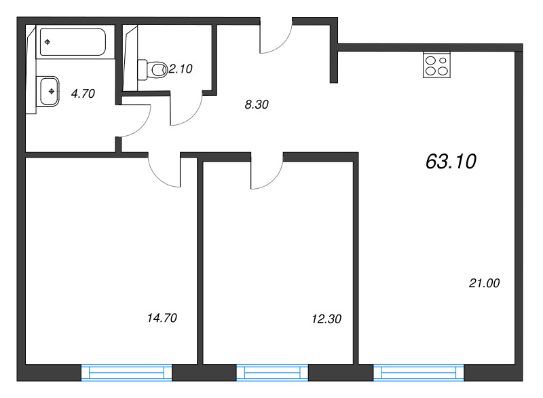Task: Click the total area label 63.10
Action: pos(451,162)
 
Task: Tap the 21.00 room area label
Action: pos(484,283)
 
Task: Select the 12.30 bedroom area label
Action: pos(326,319)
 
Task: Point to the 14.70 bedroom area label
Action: pos(162,318)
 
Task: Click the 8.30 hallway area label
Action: pos(257,105)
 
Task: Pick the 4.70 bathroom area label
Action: pos(83,94)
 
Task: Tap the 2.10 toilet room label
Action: pos(181,69)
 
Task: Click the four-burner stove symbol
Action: pos(436,65)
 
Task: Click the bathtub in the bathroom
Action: pos(73,42)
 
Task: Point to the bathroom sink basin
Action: pos(50,91)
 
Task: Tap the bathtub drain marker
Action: pos(48,42)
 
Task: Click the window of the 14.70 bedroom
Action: pos(126,373)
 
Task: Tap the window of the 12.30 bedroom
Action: pos(272,373)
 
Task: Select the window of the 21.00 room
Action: pos(418,373)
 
